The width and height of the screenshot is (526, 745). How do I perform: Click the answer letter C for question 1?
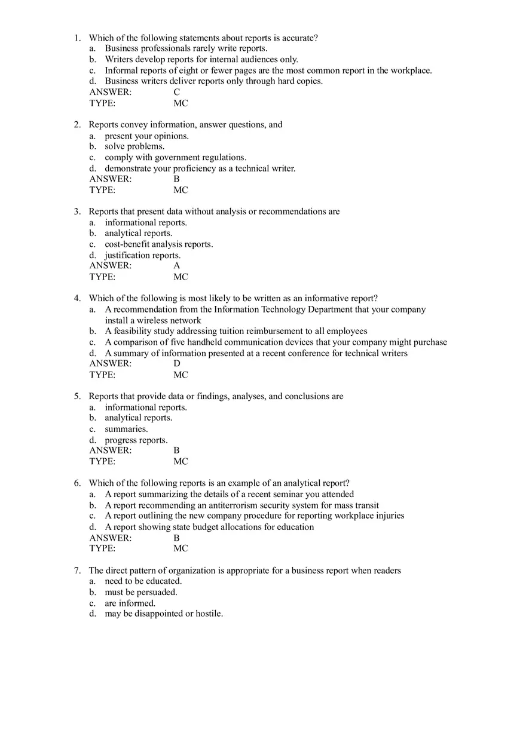(x=176, y=92)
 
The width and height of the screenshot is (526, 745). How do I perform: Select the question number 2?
(x=77, y=125)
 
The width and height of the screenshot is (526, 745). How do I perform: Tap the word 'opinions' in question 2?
(x=172, y=136)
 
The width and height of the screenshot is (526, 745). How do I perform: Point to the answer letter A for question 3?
(x=176, y=265)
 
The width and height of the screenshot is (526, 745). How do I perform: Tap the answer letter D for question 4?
(x=176, y=363)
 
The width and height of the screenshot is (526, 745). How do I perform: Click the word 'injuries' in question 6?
(x=390, y=516)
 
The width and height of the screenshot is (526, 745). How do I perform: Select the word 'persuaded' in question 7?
(x=157, y=592)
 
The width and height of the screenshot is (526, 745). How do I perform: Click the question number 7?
(x=77, y=571)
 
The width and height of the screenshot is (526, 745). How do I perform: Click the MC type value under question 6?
(x=181, y=548)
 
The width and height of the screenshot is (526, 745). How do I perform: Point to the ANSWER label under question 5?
(x=111, y=450)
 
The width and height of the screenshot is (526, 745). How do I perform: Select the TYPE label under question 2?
(x=102, y=190)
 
